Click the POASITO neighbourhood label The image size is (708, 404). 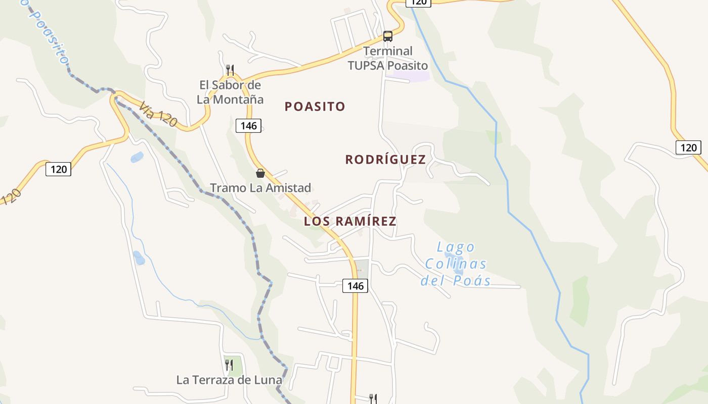click(x=315, y=107)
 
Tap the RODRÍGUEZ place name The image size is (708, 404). click(x=385, y=160)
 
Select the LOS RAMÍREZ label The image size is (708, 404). click(x=350, y=221)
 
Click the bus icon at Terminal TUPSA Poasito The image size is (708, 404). click(x=388, y=36)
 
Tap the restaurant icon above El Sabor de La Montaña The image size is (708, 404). click(x=230, y=70)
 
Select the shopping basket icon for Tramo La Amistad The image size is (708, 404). click(x=260, y=174)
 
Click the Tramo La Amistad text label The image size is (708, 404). click(x=260, y=188)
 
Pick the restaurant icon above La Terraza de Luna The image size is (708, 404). click(x=229, y=365)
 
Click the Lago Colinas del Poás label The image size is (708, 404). click(x=456, y=264)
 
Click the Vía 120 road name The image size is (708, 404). click(x=158, y=115)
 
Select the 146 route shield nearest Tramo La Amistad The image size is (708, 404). click(x=249, y=126)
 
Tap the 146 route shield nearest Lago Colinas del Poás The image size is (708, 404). click(x=356, y=286)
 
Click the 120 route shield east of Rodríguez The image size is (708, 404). click(x=688, y=147)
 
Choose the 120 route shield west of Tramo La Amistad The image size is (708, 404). click(x=59, y=169)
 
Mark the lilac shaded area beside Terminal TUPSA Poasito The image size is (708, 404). click(x=411, y=76)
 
